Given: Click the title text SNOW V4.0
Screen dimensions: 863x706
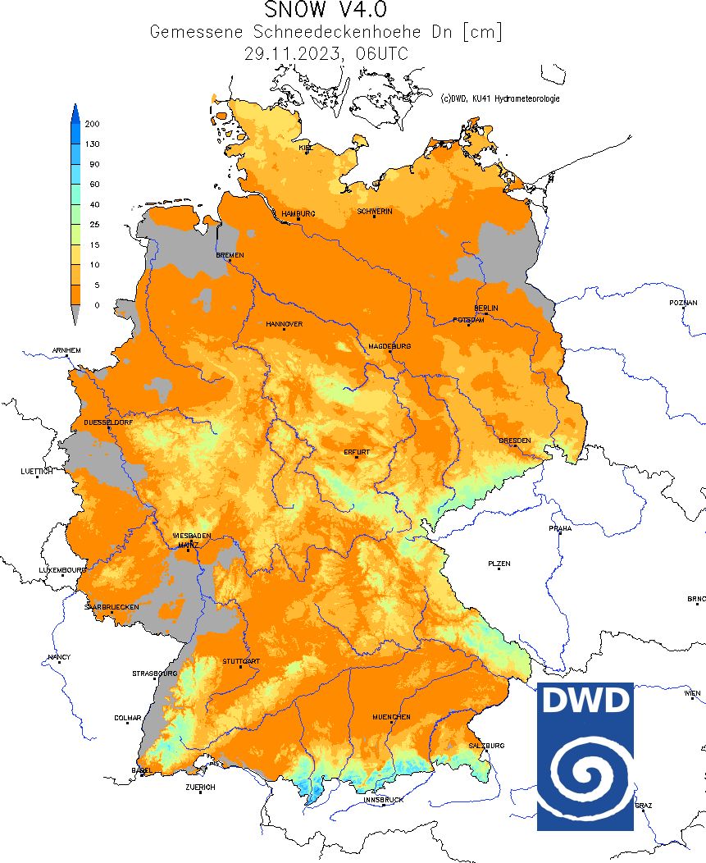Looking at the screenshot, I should pos(326,11).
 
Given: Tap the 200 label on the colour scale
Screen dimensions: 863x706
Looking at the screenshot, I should pos(93,124).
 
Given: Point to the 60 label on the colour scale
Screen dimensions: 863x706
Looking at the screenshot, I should pos(94,185).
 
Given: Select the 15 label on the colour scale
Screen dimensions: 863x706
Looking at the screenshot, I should pos(94,244).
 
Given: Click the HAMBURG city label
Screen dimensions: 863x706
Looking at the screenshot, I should pos(298,214).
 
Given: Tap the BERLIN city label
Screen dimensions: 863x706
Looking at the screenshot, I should pos(485,308).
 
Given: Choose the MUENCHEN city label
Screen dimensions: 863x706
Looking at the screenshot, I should pos(391,717).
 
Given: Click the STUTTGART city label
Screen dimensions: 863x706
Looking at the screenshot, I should pos(241,661).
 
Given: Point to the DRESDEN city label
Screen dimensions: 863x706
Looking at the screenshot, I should pos(514,441).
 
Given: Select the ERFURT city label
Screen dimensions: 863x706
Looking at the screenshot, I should pos(357,452).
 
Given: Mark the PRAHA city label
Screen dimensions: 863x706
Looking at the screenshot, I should pos(560,529).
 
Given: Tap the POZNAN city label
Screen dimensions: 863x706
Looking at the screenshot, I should pos(682,303).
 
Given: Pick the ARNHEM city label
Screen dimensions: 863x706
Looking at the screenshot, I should pos(66,350).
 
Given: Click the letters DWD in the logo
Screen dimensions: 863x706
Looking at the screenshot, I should pos(585,701).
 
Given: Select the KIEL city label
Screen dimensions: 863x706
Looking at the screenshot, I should pos(306,148).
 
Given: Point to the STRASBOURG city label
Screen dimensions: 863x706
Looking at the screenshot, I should pos(154,674).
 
